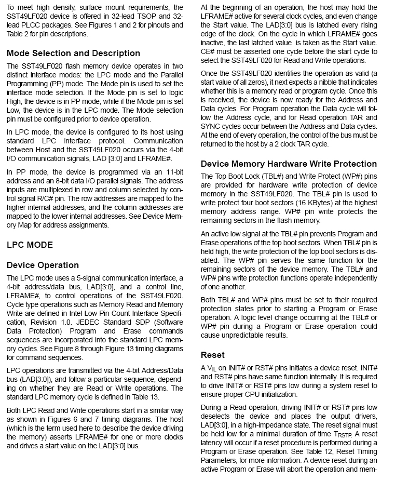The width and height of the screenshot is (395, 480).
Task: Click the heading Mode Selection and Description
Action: tap(73, 54)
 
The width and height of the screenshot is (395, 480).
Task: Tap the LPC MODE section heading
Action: tap(30, 245)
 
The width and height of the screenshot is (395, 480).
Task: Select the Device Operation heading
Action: tap(43, 265)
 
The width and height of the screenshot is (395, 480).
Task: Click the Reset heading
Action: tap(212, 355)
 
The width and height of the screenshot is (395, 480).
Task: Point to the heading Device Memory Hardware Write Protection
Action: tap(289, 164)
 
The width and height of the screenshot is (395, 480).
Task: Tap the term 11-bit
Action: tap(172, 172)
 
